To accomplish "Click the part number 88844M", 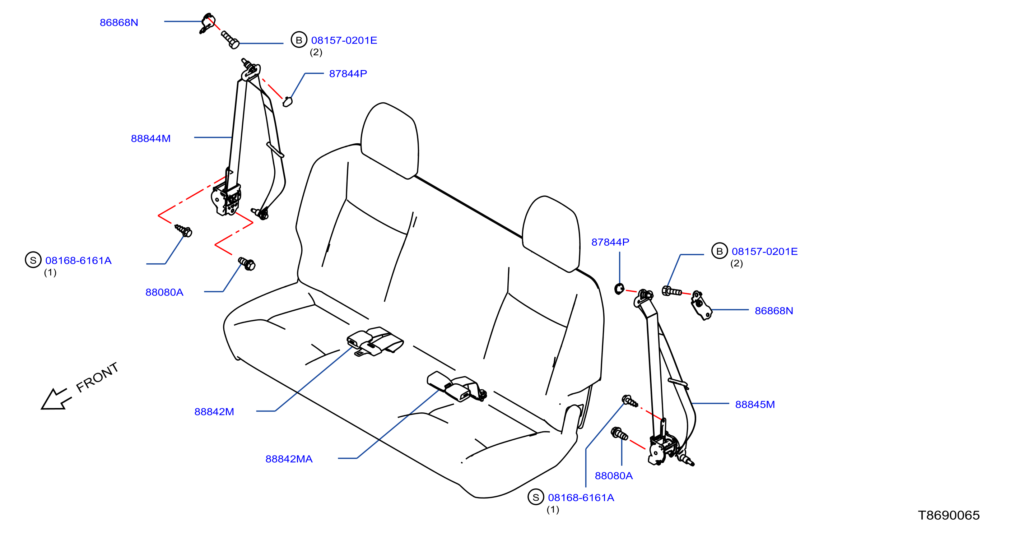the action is [x=151, y=139].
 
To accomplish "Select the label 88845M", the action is [x=755, y=404].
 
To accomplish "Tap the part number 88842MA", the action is [x=289, y=459].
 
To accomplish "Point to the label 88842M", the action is [x=214, y=412].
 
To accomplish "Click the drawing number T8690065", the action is [x=949, y=515].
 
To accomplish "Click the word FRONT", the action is [x=97, y=377].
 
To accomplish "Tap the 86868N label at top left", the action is [x=119, y=23].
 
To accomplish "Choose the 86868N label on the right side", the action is [x=774, y=311].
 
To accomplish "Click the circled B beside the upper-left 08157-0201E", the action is [x=299, y=40].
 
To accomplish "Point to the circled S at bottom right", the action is [x=536, y=497].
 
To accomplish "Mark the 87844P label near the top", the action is [x=348, y=74].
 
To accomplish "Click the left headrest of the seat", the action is [x=390, y=140].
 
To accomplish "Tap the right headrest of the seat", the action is [x=551, y=233].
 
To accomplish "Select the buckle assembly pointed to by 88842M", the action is [x=374, y=341].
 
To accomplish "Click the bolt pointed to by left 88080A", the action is [x=247, y=264].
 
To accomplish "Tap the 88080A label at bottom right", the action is [x=614, y=476].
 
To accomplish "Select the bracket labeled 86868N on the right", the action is [x=701, y=306].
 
